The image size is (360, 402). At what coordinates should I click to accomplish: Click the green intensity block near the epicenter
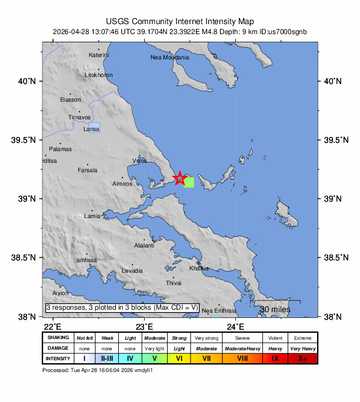(x=189, y=182)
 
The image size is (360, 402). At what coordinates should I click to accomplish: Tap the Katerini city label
(x=99, y=55)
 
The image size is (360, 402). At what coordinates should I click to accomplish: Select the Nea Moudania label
(x=170, y=58)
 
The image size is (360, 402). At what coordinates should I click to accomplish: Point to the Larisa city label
(x=91, y=128)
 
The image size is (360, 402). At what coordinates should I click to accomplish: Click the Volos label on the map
(x=140, y=160)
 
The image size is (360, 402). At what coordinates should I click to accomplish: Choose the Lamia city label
(x=92, y=216)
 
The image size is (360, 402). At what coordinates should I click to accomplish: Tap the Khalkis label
(x=199, y=269)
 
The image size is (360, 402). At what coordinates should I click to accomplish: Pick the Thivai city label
(x=174, y=283)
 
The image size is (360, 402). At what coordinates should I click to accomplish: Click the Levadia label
(x=132, y=271)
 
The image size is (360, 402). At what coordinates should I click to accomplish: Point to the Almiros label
(x=123, y=184)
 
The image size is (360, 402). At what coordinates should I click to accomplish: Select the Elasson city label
(x=71, y=100)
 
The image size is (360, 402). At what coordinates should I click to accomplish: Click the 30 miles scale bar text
(x=275, y=309)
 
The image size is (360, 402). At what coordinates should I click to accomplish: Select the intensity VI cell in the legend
(x=180, y=358)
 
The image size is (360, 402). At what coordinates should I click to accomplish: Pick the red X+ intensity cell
(x=303, y=358)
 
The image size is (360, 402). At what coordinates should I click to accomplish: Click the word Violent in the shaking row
(x=275, y=338)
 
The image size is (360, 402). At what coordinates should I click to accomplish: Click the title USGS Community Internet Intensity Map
(x=180, y=21)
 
